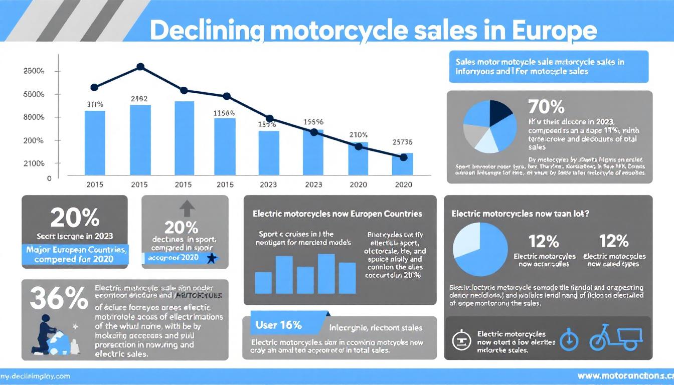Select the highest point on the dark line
click(140, 66)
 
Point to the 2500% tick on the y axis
click(34, 71)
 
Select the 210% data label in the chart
click(358, 135)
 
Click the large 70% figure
click(546, 107)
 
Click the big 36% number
click(59, 299)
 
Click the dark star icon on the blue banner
click(211, 259)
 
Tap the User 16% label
click(278, 325)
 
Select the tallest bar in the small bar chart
click(326, 273)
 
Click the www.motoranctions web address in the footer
click(625, 375)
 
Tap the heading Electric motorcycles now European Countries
click(337, 214)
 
